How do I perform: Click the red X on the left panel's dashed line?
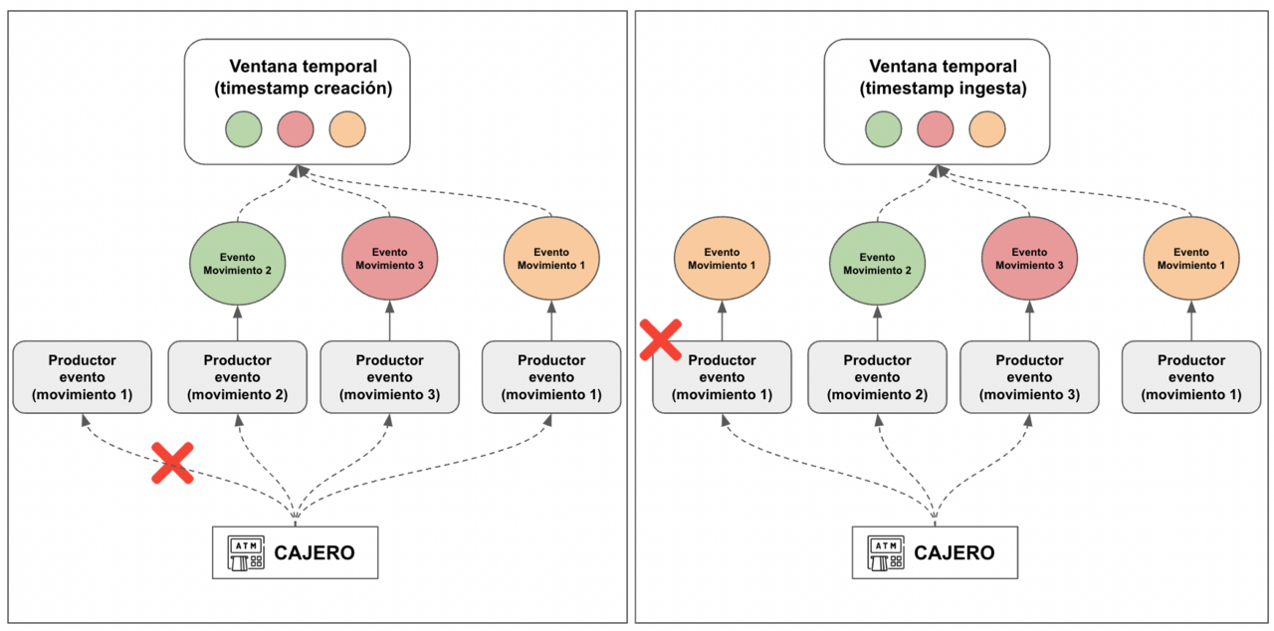[172, 464]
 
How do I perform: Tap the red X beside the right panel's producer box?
[660, 339]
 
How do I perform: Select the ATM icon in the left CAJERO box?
[246, 552]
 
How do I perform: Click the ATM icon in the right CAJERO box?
[886, 552]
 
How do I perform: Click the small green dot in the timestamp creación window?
[243, 129]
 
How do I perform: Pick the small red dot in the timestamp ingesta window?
[935, 129]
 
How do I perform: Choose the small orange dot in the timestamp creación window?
[347, 129]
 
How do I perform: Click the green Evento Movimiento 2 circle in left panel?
[238, 263]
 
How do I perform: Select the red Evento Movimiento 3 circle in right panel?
[1029, 260]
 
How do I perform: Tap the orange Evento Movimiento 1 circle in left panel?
[550, 259]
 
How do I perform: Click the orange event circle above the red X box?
[722, 259]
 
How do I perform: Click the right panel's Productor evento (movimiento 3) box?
[1029, 377]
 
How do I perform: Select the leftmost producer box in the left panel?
[82, 377]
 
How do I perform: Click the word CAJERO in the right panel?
[954, 553]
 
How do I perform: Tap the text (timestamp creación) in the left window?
[304, 89]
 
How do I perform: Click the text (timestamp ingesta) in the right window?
[943, 89]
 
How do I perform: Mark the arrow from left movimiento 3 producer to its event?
[389, 322]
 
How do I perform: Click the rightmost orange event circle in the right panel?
[1190, 259]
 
